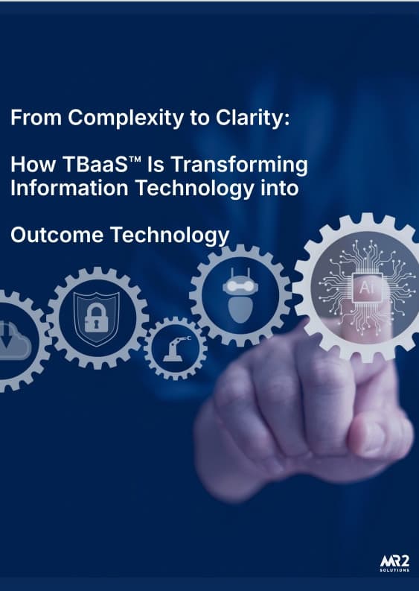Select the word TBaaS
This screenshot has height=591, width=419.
pyautogui.click(x=89, y=165)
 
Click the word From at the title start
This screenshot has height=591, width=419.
pyautogui.click(x=33, y=118)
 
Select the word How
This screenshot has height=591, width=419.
pyautogui.click(x=30, y=165)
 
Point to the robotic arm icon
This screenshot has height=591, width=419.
pyautogui.click(x=175, y=349)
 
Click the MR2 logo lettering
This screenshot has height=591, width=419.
pyautogui.click(x=388, y=560)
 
